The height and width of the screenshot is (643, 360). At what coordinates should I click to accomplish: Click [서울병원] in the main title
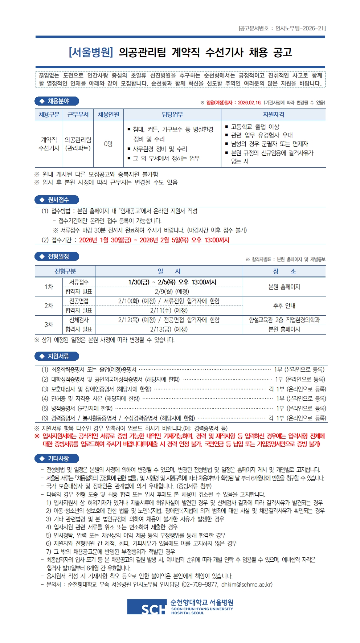91,53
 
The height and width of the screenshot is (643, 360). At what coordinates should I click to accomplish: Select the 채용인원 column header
108,115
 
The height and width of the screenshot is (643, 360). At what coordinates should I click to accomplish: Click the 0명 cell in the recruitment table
108,144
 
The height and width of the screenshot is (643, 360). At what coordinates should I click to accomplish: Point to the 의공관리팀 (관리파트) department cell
78,144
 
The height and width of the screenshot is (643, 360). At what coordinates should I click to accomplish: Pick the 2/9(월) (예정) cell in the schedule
169,291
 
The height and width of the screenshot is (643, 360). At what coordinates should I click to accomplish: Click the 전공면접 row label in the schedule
79,301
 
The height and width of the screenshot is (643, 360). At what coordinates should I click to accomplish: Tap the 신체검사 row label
79,320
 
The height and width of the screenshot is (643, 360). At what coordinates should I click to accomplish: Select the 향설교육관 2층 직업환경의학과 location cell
284,320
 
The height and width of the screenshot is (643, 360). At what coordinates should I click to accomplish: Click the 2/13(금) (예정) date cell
169,329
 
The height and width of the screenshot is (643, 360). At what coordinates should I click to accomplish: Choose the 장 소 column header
284,271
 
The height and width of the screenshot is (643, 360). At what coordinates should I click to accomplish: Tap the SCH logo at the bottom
147,607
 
